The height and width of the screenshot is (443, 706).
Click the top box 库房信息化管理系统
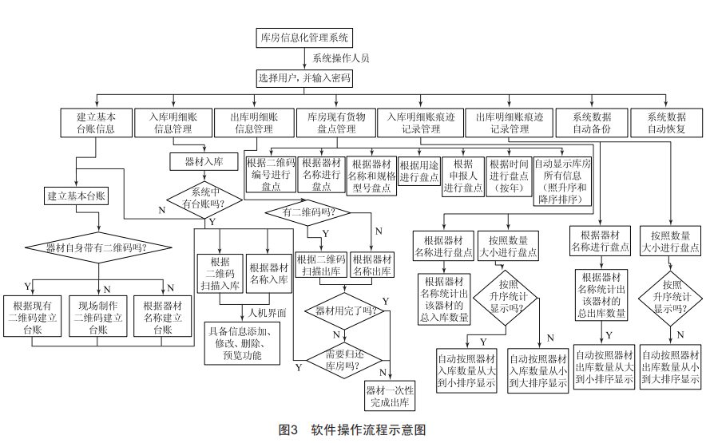click(304, 38)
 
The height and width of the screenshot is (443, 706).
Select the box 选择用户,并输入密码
click(304, 78)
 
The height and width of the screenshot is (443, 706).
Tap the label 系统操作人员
click(341, 58)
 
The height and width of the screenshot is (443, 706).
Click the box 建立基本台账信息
click(97, 123)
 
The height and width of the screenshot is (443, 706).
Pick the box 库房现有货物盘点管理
click(336, 123)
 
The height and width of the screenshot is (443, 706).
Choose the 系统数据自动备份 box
click(592, 123)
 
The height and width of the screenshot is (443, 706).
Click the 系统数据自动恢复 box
click(666, 123)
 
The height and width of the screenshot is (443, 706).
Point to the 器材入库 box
click(204, 161)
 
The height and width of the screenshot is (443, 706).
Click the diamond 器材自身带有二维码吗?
click(98, 247)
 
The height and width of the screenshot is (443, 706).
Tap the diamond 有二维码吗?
click(308, 212)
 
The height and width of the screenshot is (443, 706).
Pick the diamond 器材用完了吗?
click(344, 310)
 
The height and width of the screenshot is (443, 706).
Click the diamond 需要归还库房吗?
click(344, 360)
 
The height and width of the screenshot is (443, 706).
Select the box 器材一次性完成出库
click(390, 396)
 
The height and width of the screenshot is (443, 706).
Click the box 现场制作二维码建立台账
click(98, 316)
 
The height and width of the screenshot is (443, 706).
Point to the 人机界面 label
click(267, 313)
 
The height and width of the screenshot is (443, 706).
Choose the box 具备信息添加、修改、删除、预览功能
click(242, 343)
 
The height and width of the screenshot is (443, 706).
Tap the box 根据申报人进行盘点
click(463, 176)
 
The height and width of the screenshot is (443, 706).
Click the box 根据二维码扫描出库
click(321, 265)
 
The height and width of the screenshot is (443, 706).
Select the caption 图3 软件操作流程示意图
click(352, 430)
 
